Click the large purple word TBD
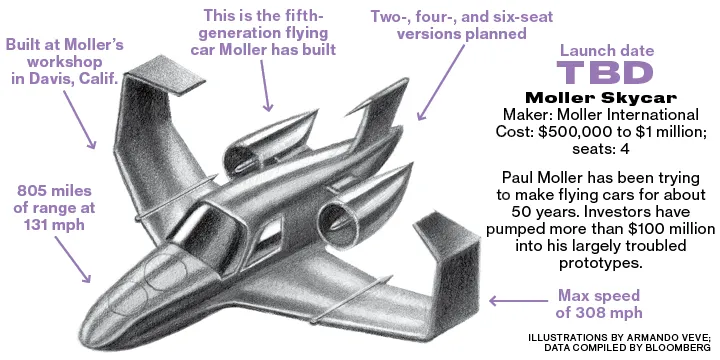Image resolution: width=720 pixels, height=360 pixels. tap(605, 73)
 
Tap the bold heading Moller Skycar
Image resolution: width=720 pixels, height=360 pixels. tap(601, 98)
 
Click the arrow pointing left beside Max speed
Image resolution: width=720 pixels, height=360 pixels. tap(518, 301)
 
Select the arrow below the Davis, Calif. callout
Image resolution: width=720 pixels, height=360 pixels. tap(79, 119)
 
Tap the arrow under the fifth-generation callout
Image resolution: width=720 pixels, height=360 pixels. tap(266, 86)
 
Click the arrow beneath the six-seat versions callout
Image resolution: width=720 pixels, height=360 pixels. tap(442, 83)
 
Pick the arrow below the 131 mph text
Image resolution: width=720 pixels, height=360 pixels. tap(73, 259)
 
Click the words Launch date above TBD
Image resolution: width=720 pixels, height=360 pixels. tap(607, 50)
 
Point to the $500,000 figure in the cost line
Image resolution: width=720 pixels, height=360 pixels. tap(574, 132)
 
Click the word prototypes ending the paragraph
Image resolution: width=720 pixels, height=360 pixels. tap(600, 263)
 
